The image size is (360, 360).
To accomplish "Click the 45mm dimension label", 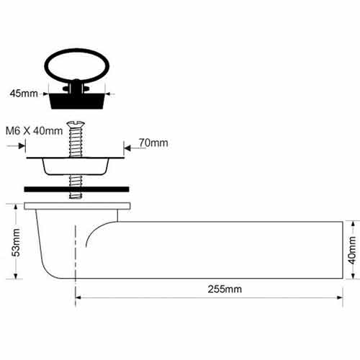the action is (24, 94).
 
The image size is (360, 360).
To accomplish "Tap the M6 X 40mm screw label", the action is (34, 131).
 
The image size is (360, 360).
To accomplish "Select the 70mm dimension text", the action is (153, 143).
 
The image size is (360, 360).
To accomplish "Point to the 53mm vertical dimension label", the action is (16, 243).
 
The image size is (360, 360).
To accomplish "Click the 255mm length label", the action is (225, 289).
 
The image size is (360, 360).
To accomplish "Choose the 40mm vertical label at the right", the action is (352, 250).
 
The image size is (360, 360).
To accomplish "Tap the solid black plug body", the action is (77, 101).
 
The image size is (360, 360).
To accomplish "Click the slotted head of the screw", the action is (76, 125).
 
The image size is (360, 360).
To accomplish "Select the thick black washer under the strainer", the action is (76, 189).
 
